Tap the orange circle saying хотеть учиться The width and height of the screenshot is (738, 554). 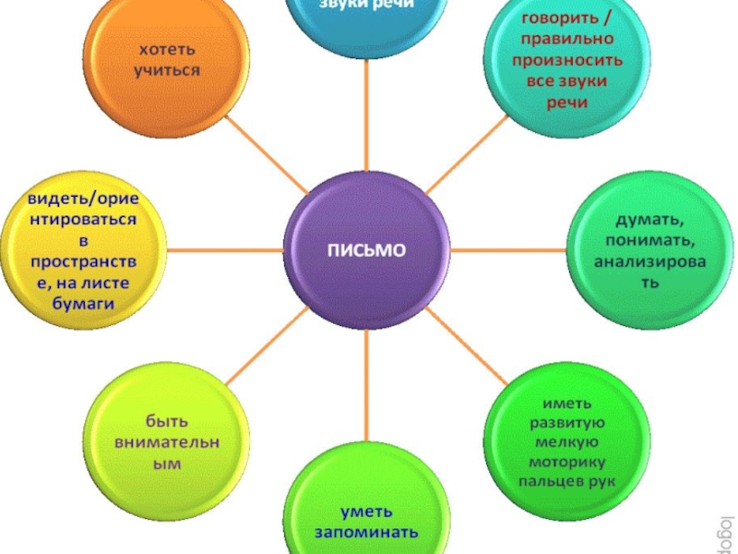(x=168, y=60)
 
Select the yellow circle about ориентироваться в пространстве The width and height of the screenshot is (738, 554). (x=81, y=249)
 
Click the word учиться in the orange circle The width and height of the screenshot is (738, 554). (x=168, y=70)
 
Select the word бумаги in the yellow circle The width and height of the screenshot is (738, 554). (x=81, y=301)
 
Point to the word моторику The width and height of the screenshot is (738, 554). (x=567, y=462)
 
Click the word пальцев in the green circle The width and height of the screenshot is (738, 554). (x=543, y=482)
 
